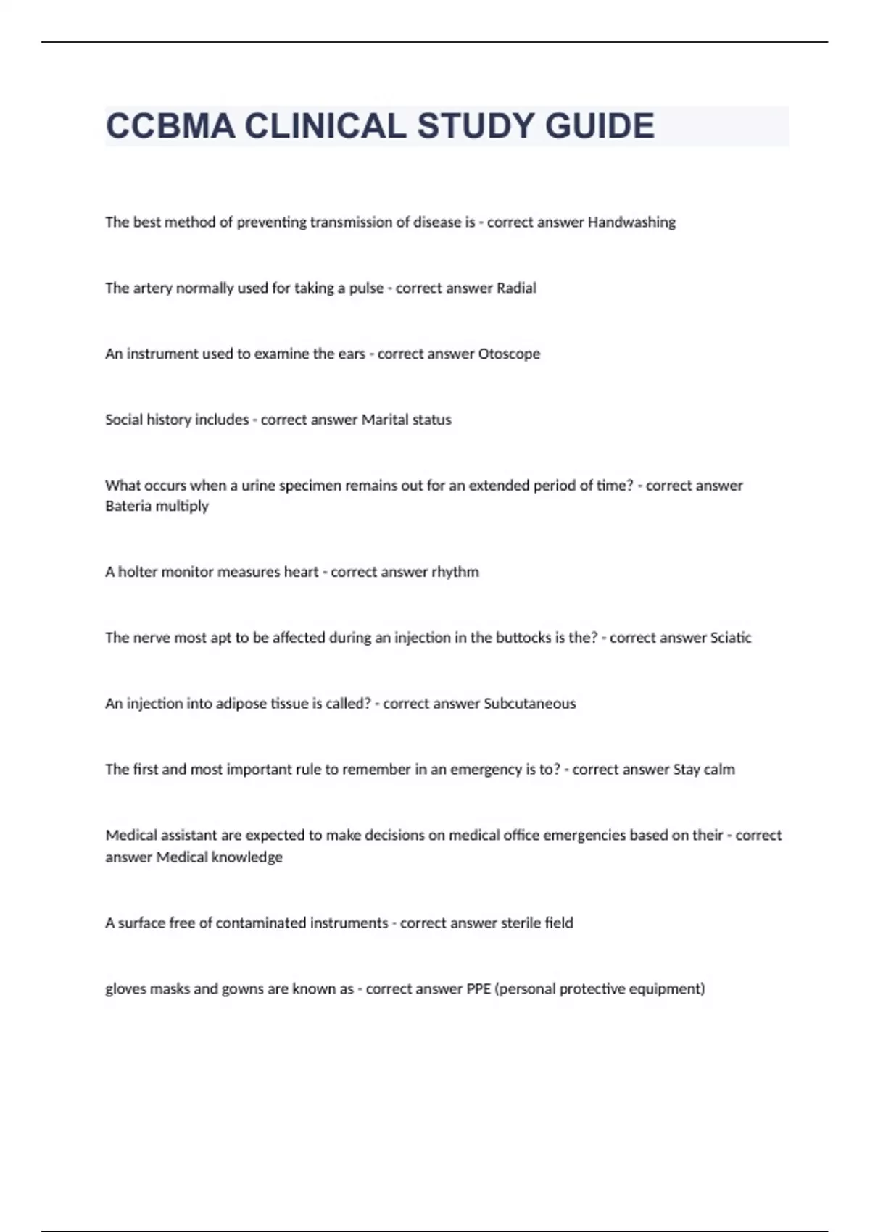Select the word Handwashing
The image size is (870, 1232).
click(631, 222)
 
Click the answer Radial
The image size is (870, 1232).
click(516, 288)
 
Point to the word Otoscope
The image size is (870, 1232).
click(509, 354)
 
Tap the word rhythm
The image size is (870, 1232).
click(455, 573)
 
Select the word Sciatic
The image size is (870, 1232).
click(730, 638)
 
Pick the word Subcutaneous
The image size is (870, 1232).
click(529, 704)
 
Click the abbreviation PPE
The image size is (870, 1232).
click(478, 989)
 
